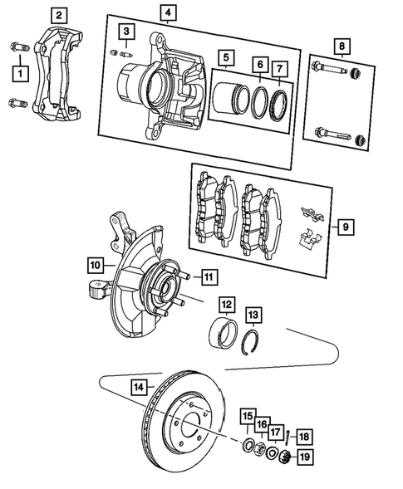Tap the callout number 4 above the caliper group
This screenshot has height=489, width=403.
pyautogui.click(x=169, y=12)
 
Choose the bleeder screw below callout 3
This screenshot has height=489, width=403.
pyautogui.click(x=125, y=53)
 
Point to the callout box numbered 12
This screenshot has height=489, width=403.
pyautogui.click(x=227, y=304)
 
